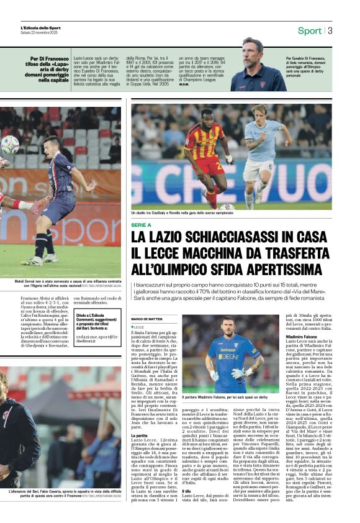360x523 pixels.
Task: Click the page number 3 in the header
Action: coord(330,30)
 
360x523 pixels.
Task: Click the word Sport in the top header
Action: coord(309,30)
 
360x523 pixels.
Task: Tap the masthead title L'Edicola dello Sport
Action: coord(41,28)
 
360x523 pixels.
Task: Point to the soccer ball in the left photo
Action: coord(10,145)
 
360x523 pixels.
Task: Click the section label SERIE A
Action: coord(142,225)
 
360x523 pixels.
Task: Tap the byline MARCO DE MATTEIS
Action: coord(146,319)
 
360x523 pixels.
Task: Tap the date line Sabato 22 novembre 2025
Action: coord(40,33)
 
